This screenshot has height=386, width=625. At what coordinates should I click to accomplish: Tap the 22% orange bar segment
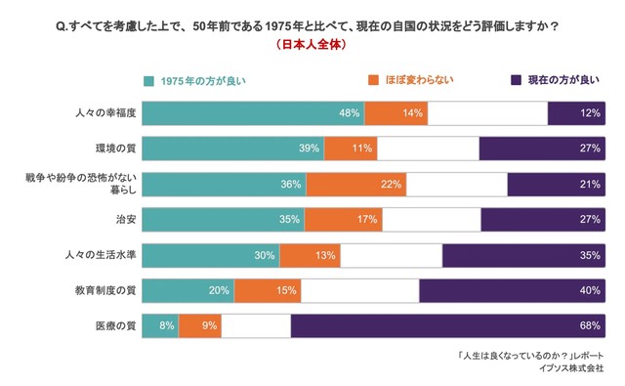(355, 185)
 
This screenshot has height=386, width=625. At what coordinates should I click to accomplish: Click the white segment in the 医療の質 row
(256, 325)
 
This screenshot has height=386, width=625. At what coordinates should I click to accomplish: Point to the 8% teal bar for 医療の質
(160, 325)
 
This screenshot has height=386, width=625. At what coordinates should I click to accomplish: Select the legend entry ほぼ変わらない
(410, 80)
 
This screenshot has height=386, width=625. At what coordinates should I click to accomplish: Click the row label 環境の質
(114, 149)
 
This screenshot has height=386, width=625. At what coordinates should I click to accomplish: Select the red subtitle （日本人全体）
(312, 44)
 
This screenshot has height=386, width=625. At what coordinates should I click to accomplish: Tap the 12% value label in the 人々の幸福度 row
(589, 113)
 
